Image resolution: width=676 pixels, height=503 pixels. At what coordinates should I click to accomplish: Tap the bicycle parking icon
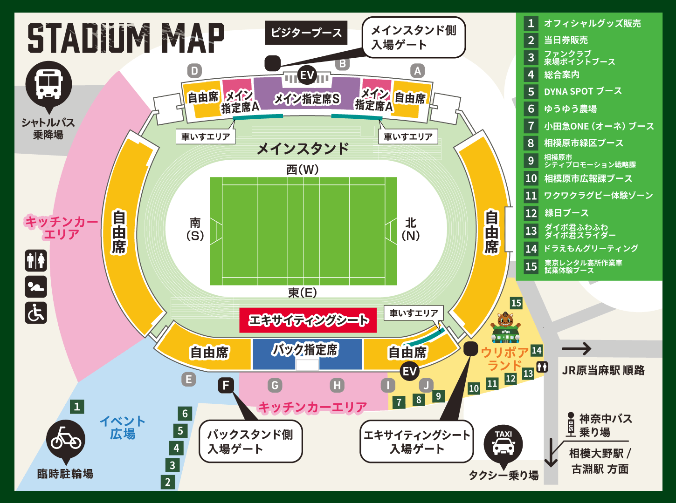point(66,440)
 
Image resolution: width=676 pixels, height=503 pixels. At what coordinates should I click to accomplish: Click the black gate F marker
point(226,385)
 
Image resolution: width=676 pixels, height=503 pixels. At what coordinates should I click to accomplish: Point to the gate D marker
point(194,71)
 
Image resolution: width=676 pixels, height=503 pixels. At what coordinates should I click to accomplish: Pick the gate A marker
point(417,71)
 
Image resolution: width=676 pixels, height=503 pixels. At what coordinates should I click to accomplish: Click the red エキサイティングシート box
point(308,320)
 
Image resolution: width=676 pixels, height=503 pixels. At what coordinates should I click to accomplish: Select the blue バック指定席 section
point(307,353)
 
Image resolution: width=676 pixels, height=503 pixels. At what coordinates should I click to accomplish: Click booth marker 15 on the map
point(516,303)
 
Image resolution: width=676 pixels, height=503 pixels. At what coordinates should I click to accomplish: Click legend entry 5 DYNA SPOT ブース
point(582,92)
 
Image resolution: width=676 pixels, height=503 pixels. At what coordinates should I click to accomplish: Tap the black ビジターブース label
point(306,33)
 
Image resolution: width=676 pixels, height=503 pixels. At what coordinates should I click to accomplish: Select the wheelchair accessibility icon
point(36,313)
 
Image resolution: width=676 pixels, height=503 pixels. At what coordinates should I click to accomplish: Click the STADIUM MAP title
point(126,38)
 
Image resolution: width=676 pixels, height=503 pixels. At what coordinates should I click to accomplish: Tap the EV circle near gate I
point(409,371)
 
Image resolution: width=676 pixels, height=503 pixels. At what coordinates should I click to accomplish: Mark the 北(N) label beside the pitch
point(410,229)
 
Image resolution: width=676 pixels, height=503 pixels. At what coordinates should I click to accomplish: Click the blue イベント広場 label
point(123,428)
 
